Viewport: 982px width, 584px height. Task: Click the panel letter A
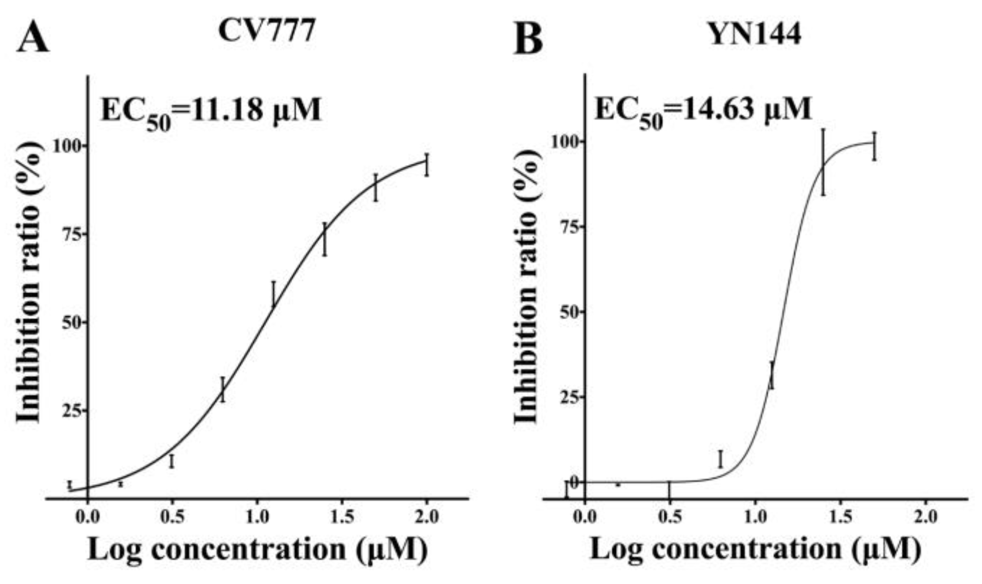33,38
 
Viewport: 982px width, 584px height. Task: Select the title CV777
267,32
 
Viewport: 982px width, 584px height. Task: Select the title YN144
756,34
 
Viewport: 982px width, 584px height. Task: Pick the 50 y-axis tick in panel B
568,312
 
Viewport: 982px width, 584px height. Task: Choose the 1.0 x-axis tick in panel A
257,518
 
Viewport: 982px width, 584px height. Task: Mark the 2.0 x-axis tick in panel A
427,518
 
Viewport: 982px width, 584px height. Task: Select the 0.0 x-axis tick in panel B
585,518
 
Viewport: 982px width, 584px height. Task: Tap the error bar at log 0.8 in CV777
222,390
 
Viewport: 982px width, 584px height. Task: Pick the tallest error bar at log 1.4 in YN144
823,162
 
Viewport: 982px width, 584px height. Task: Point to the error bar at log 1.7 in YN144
874,146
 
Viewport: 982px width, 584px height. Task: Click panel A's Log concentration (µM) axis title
257,549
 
